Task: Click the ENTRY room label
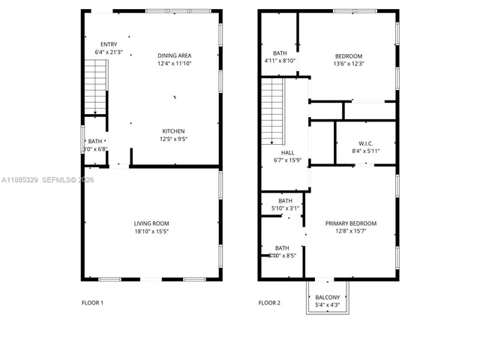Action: (x=109, y=44)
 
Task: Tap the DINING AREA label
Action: (x=175, y=55)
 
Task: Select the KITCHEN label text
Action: (x=174, y=130)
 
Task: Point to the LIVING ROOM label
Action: (x=151, y=223)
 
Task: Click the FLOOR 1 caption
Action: (x=92, y=303)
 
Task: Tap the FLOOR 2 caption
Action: (x=269, y=303)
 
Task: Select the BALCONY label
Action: (x=328, y=298)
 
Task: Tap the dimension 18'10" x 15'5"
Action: (x=151, y=230)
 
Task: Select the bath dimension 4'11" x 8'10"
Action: (x=280, y=60)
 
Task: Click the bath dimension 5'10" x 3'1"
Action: (x=285, y=208)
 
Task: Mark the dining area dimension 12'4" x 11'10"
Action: (x=175, y=63)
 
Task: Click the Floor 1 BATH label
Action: (x=94, y=141)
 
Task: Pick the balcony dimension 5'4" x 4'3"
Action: (x=328, y=305)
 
